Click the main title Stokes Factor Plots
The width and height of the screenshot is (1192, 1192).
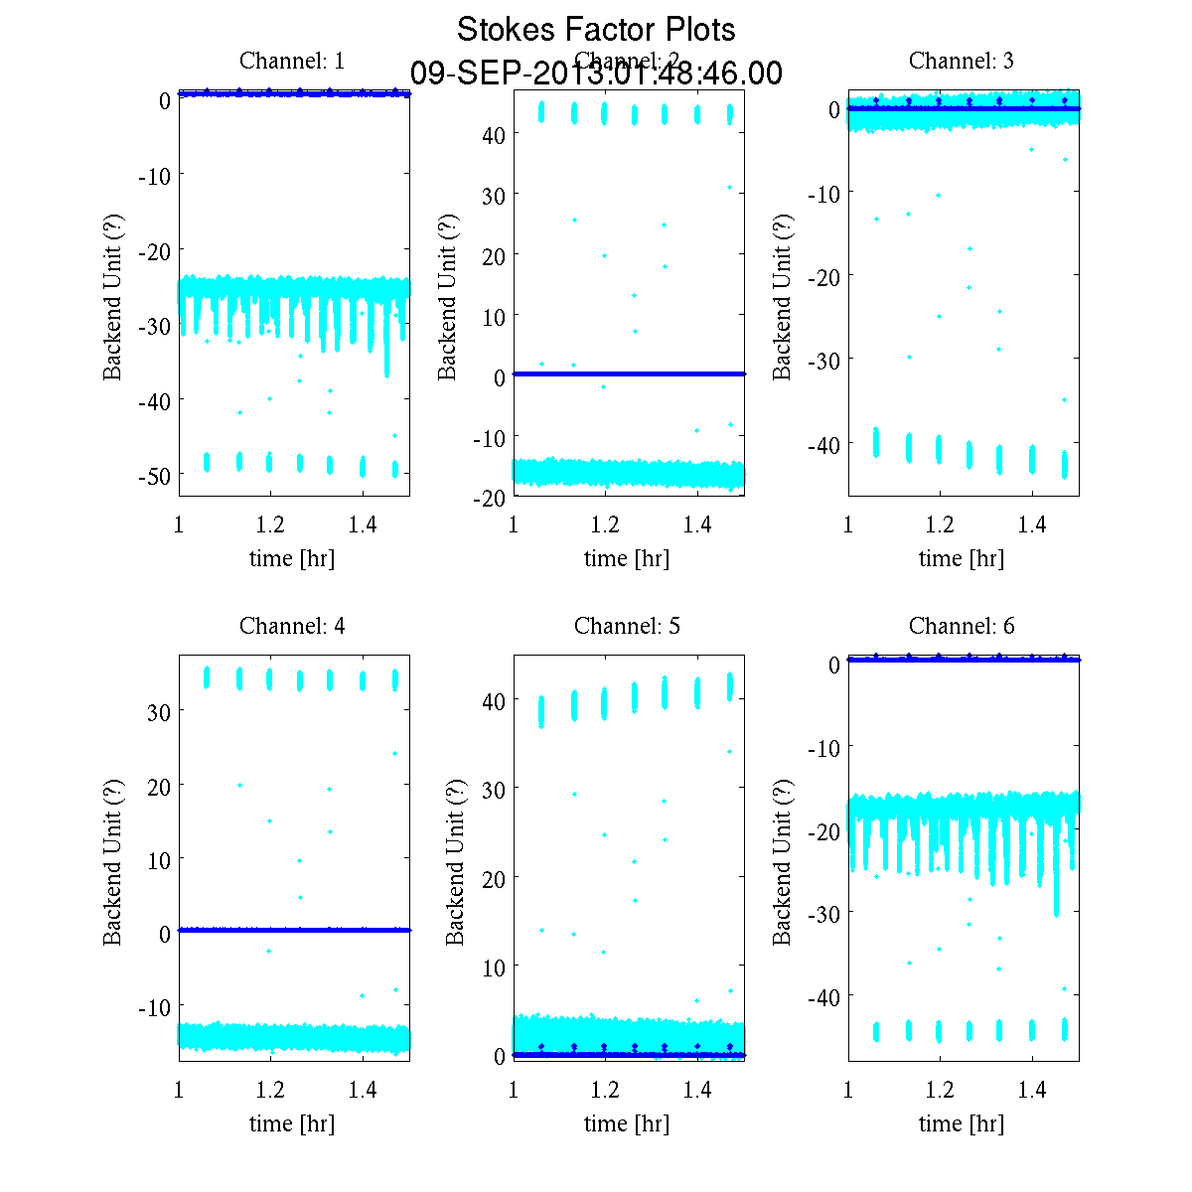[596, 30]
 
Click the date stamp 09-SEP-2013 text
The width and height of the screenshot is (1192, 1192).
[596, 74]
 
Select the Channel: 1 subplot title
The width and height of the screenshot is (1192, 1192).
[292, 61]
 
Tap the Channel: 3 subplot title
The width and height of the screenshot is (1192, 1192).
[962, 61]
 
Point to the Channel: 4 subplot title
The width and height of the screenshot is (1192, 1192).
[292, 626]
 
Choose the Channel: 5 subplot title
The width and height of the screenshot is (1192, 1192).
[627, 626]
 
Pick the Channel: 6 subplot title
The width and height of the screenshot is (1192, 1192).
[962, 626]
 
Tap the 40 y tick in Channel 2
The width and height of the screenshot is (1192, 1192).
[495, 134]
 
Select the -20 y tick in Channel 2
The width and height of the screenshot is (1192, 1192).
[490, 498]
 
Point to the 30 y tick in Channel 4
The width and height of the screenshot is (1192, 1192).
[159, 712]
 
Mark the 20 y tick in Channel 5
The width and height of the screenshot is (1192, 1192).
[494, 878]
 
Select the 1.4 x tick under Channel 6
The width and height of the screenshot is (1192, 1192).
[1032, 1090]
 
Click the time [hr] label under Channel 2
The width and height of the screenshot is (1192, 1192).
[627, 558]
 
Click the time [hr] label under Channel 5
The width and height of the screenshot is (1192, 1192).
[627, 1123]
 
